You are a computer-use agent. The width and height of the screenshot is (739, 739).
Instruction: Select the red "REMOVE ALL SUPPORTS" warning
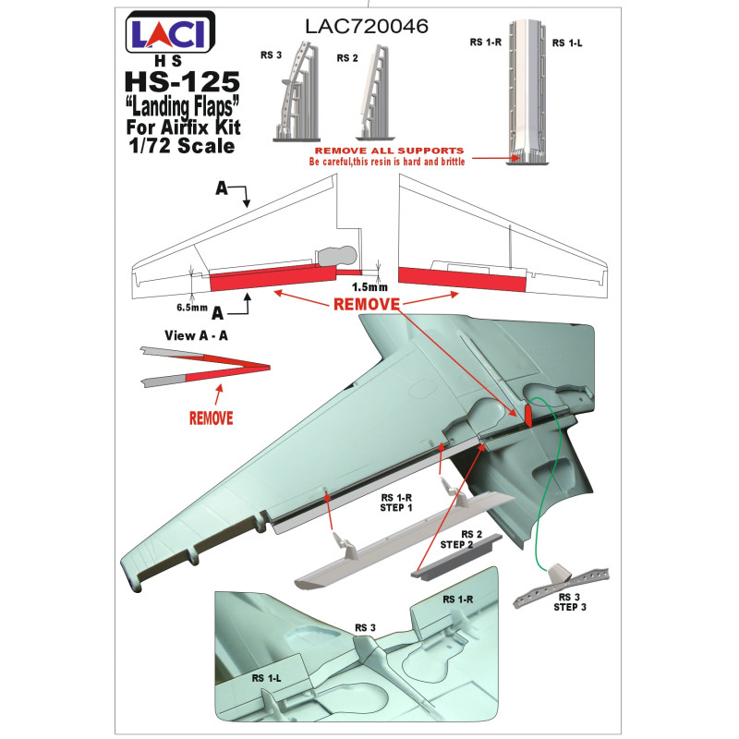tap(388, 150)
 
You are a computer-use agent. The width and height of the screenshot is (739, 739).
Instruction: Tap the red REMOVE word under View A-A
tap(211, 417)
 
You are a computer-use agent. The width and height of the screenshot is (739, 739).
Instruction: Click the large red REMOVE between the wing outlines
tap(367, 304)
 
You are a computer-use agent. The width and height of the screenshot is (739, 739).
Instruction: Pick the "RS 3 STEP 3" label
tap(570, 601)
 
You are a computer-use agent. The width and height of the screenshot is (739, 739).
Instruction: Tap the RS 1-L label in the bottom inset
tap(267, 676)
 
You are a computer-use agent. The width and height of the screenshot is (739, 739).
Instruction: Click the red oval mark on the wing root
tap(527, 416)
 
